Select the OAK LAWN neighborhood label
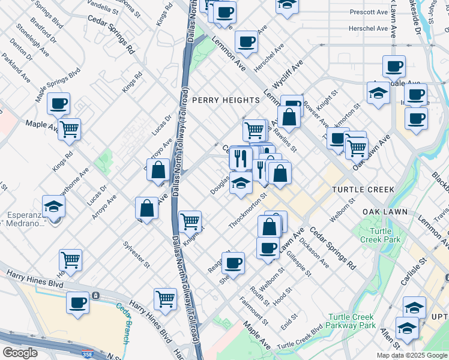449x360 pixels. pos(385,212)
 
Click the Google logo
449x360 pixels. pos(20,353)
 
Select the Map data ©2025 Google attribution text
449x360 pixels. pos(412,355)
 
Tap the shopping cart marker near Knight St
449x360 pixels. pos(190,221)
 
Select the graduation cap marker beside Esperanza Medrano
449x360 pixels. pos(54,206)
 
